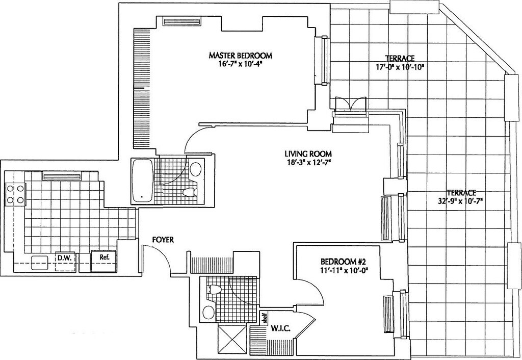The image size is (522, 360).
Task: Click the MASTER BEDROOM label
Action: click(x=240, y=55)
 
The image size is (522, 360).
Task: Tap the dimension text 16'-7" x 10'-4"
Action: click(x=240, y=64)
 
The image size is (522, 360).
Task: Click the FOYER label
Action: click(x=163, y=239)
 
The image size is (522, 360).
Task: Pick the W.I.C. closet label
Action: click(x=280, y=328)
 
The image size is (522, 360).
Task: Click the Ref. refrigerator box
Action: click(x=105, y=258)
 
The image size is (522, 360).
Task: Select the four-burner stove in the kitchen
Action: click(x=15, y=193)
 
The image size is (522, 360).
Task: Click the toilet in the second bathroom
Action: click(x=213, y=290)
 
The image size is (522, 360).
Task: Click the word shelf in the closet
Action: click(x=265, y=318)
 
